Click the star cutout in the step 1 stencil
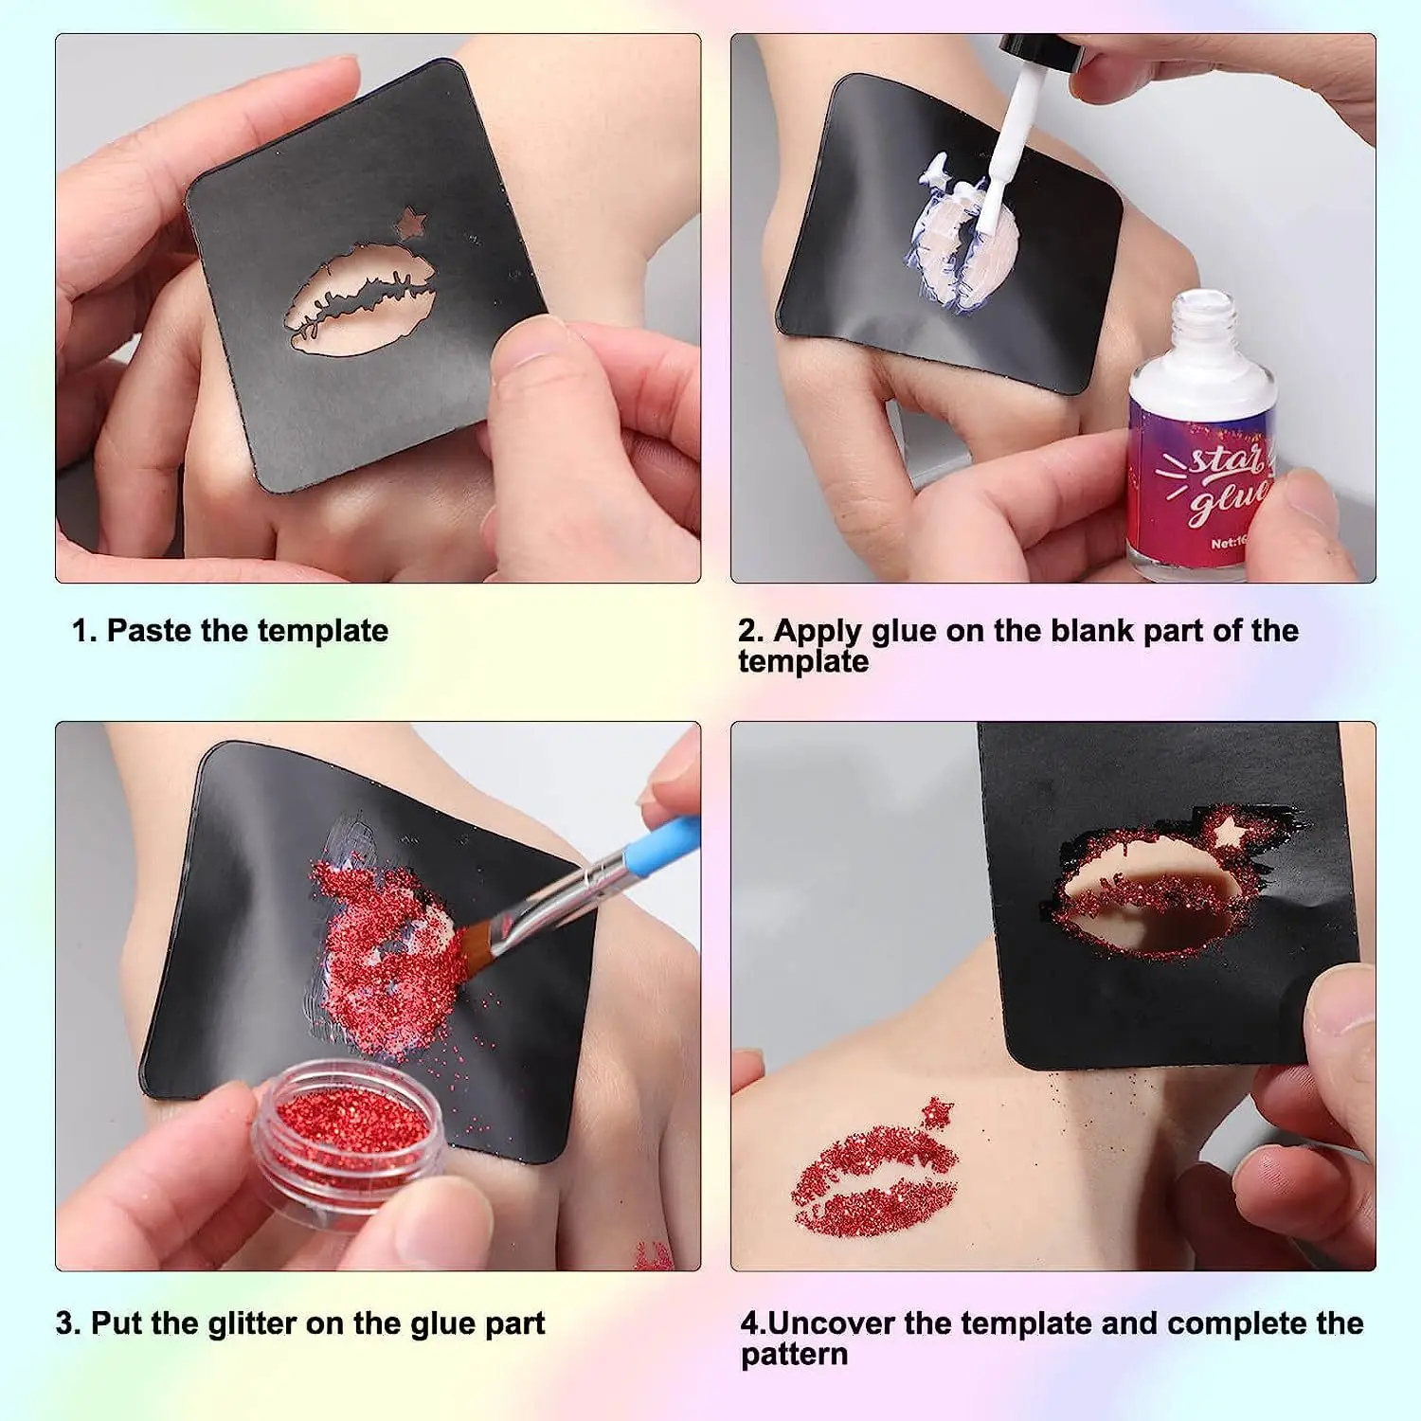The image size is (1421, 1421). coord(411,223)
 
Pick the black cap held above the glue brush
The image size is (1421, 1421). coord(1042,51)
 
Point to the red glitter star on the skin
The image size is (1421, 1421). coord(937,1109)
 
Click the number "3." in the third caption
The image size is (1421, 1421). coord(68,1323)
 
